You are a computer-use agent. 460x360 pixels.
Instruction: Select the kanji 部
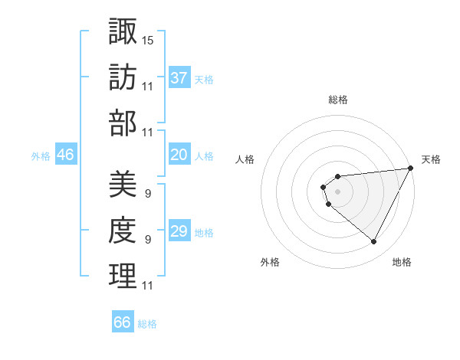[123, 123]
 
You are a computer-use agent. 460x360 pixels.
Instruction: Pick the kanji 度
[123, 230]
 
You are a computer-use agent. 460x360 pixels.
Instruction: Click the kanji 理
[123, 276]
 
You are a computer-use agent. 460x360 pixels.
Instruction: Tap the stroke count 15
[148, 39]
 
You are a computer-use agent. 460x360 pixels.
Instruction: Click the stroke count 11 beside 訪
[148, 86]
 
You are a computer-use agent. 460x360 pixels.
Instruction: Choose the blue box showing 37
[179, 77]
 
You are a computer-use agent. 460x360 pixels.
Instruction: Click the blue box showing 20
[179, 155]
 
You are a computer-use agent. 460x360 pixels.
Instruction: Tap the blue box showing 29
[179, 231]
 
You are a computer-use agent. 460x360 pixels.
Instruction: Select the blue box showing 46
[66, 155]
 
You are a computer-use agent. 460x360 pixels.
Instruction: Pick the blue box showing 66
[123, 322]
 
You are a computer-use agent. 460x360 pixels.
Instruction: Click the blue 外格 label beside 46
[41, 156]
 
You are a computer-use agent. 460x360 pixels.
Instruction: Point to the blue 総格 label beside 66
[147, 324]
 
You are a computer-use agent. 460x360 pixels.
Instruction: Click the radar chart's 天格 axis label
[431, 159]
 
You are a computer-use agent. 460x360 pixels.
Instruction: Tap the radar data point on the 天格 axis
[411, 168]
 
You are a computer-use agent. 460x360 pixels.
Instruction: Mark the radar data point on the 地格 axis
[373, 242]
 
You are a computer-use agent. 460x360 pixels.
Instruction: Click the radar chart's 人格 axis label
[245, 159]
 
